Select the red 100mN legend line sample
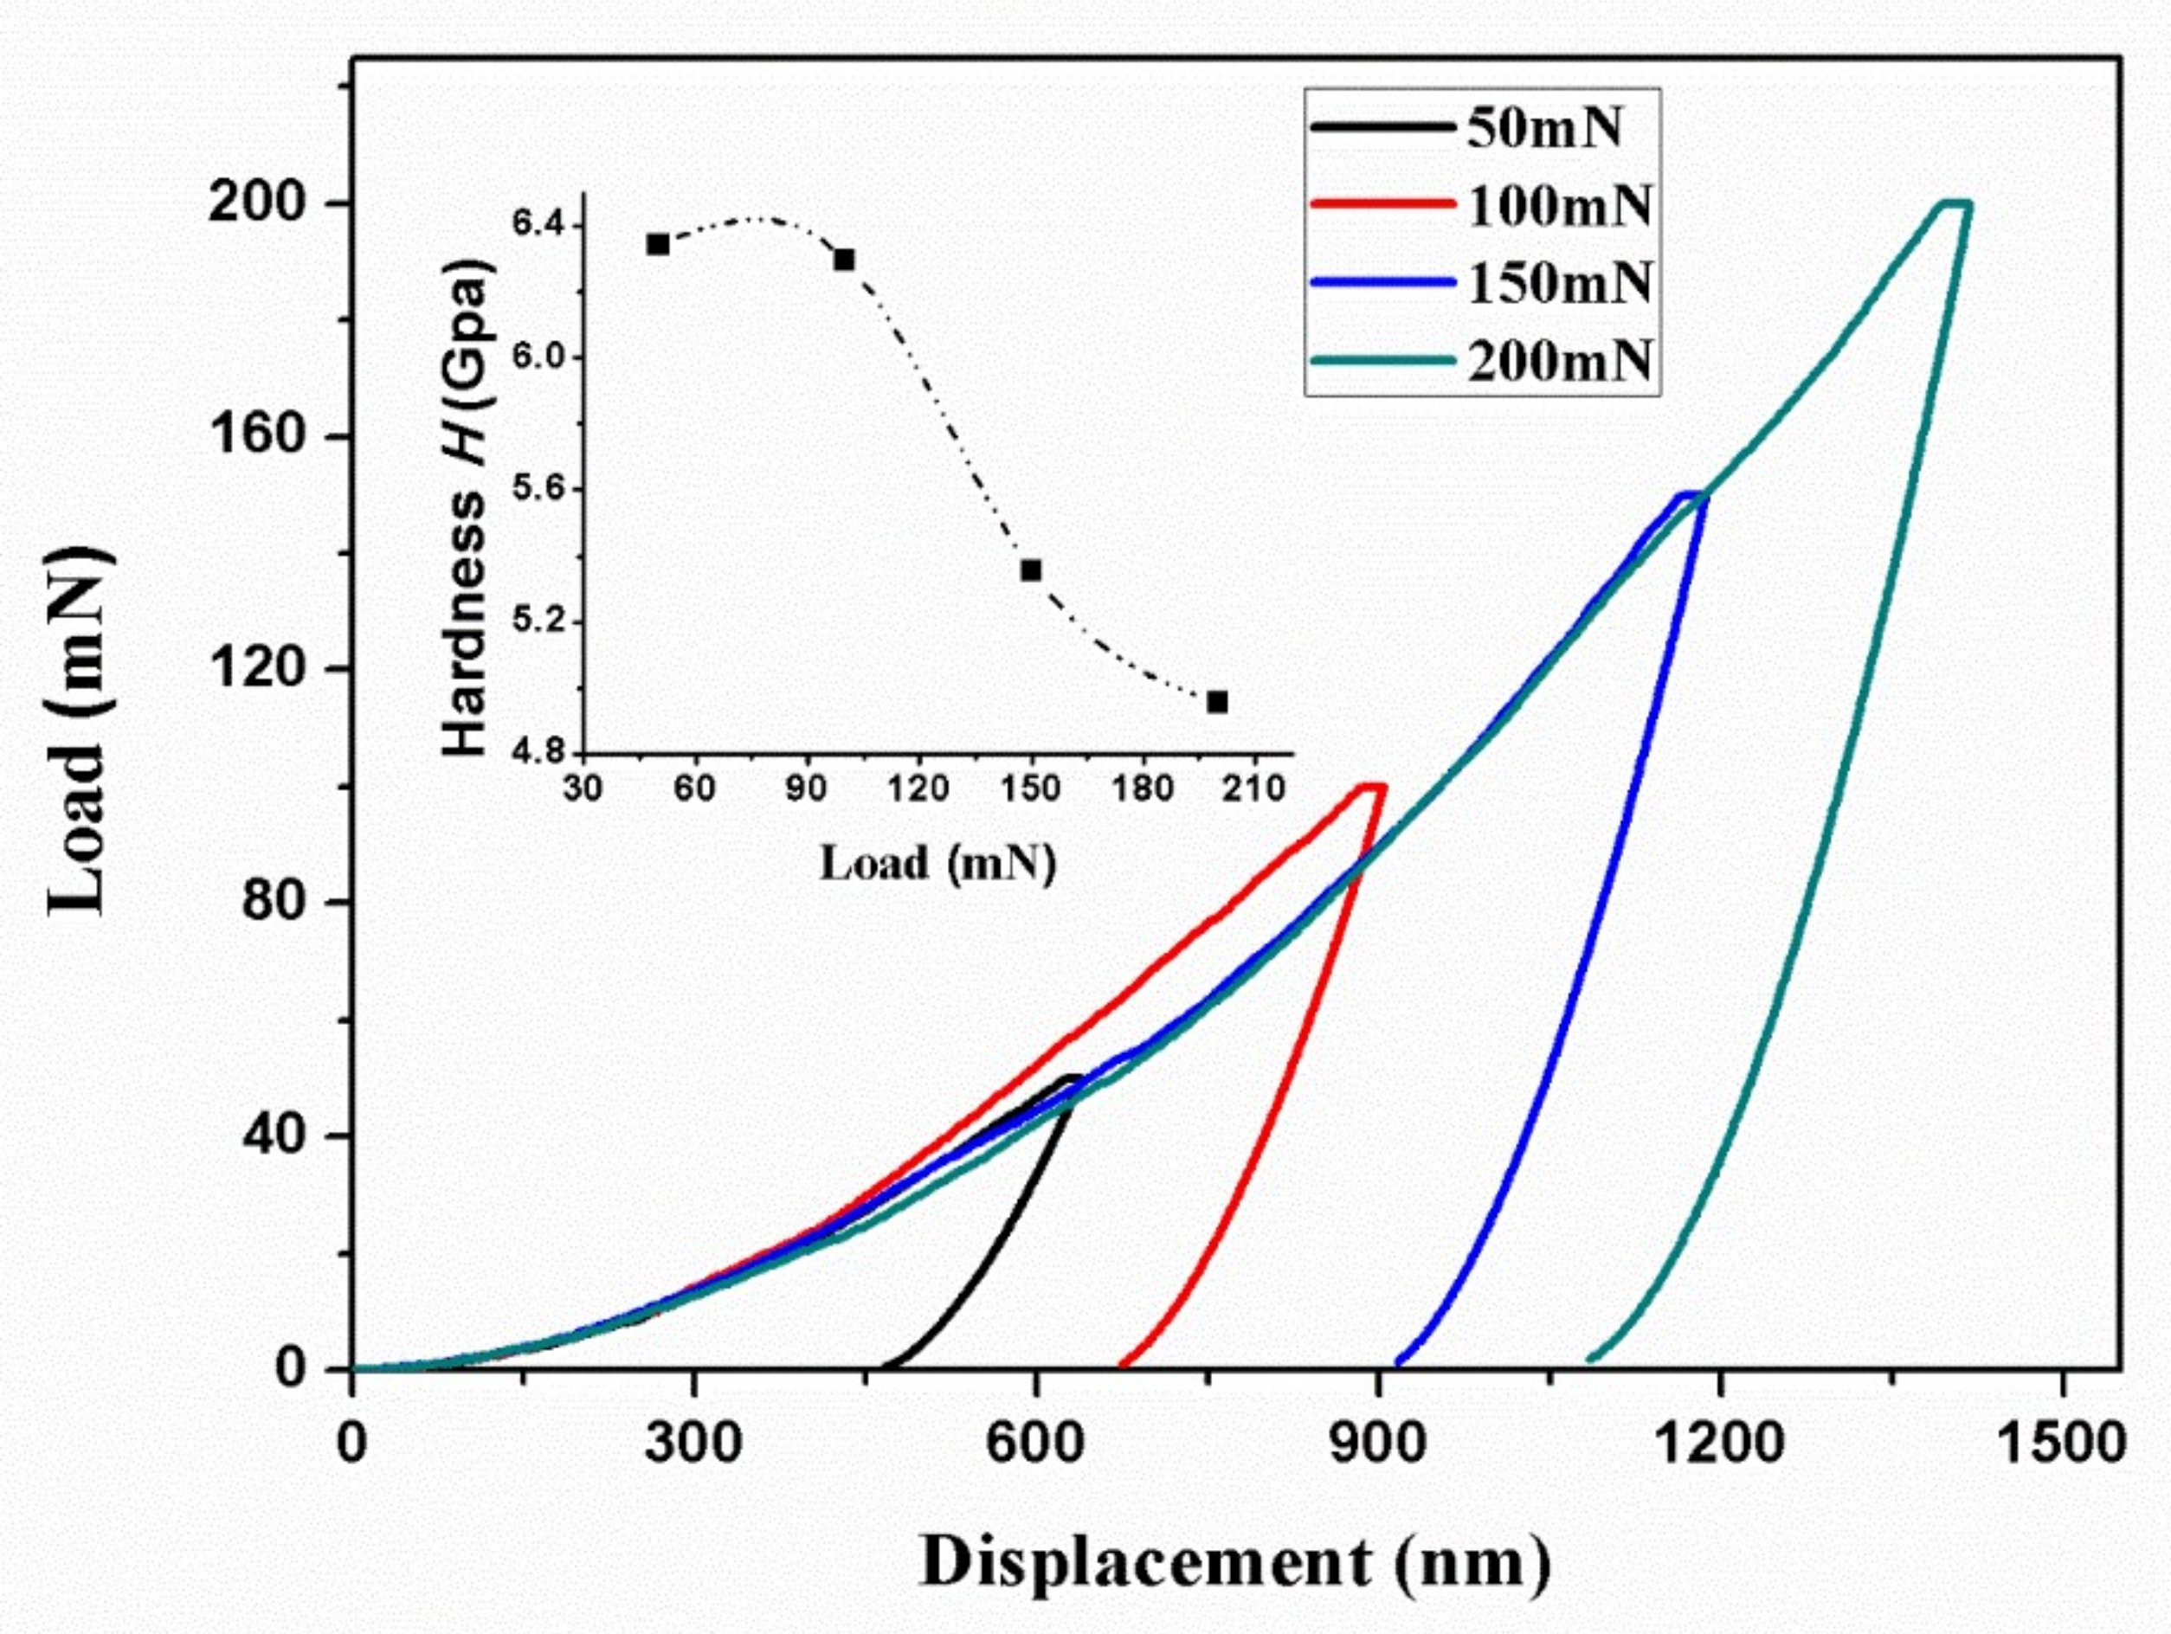pyautogui.click(x=1382, y=204)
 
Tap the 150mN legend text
pyautogui.click(x=1560, y=283)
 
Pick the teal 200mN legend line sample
pyautogui.click(x=1382, y=361)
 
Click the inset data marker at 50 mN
pyautogui.click(x=658, y=243)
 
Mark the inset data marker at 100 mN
pyautogui.click(x=844, y=259)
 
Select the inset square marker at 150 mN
pyautogui.click(x=1031, y=570)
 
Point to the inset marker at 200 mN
pyautogui.click(x=1217, y=702)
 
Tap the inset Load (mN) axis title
pyautogui.click(x=937, y=864)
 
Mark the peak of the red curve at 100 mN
pyautogui.click(x=1372, y=785)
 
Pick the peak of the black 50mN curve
pyautogui.click(x=1072, y=1077)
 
